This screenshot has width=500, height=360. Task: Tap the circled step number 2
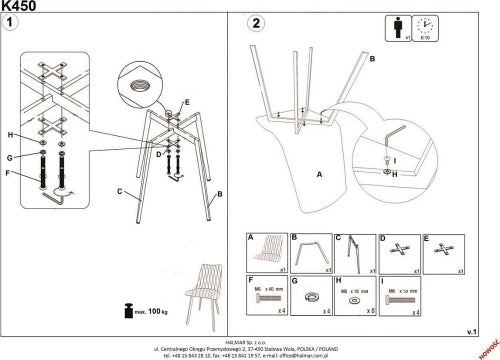pos(256,23)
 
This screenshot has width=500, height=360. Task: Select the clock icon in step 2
pos(423,27)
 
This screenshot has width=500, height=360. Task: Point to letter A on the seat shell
pos(318,174)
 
